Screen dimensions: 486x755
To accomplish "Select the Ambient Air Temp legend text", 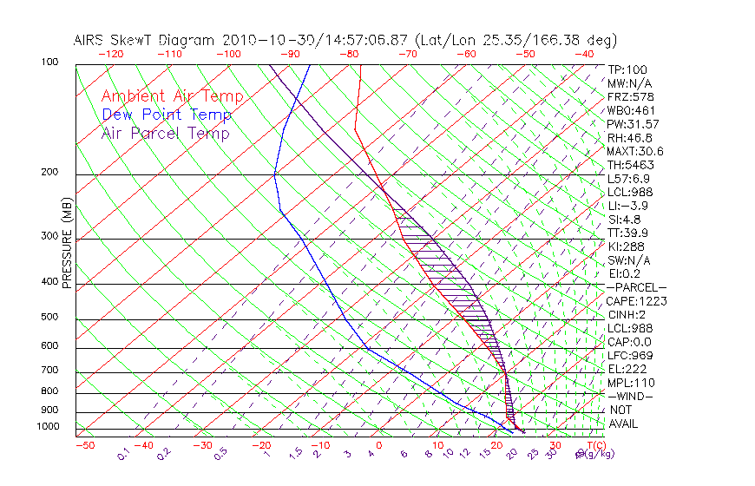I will (x=173, y=96).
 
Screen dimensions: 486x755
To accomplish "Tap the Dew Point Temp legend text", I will (x=167, y=115).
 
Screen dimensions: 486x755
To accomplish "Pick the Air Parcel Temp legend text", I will (x=166, y=133).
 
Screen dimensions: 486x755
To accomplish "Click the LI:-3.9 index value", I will (x=627, y=206).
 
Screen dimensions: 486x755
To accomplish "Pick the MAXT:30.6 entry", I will (x=635, y=151).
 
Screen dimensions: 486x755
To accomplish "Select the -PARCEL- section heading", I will (x=636, y=287).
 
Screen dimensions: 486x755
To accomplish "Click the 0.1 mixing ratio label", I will (x=122, y=454).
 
